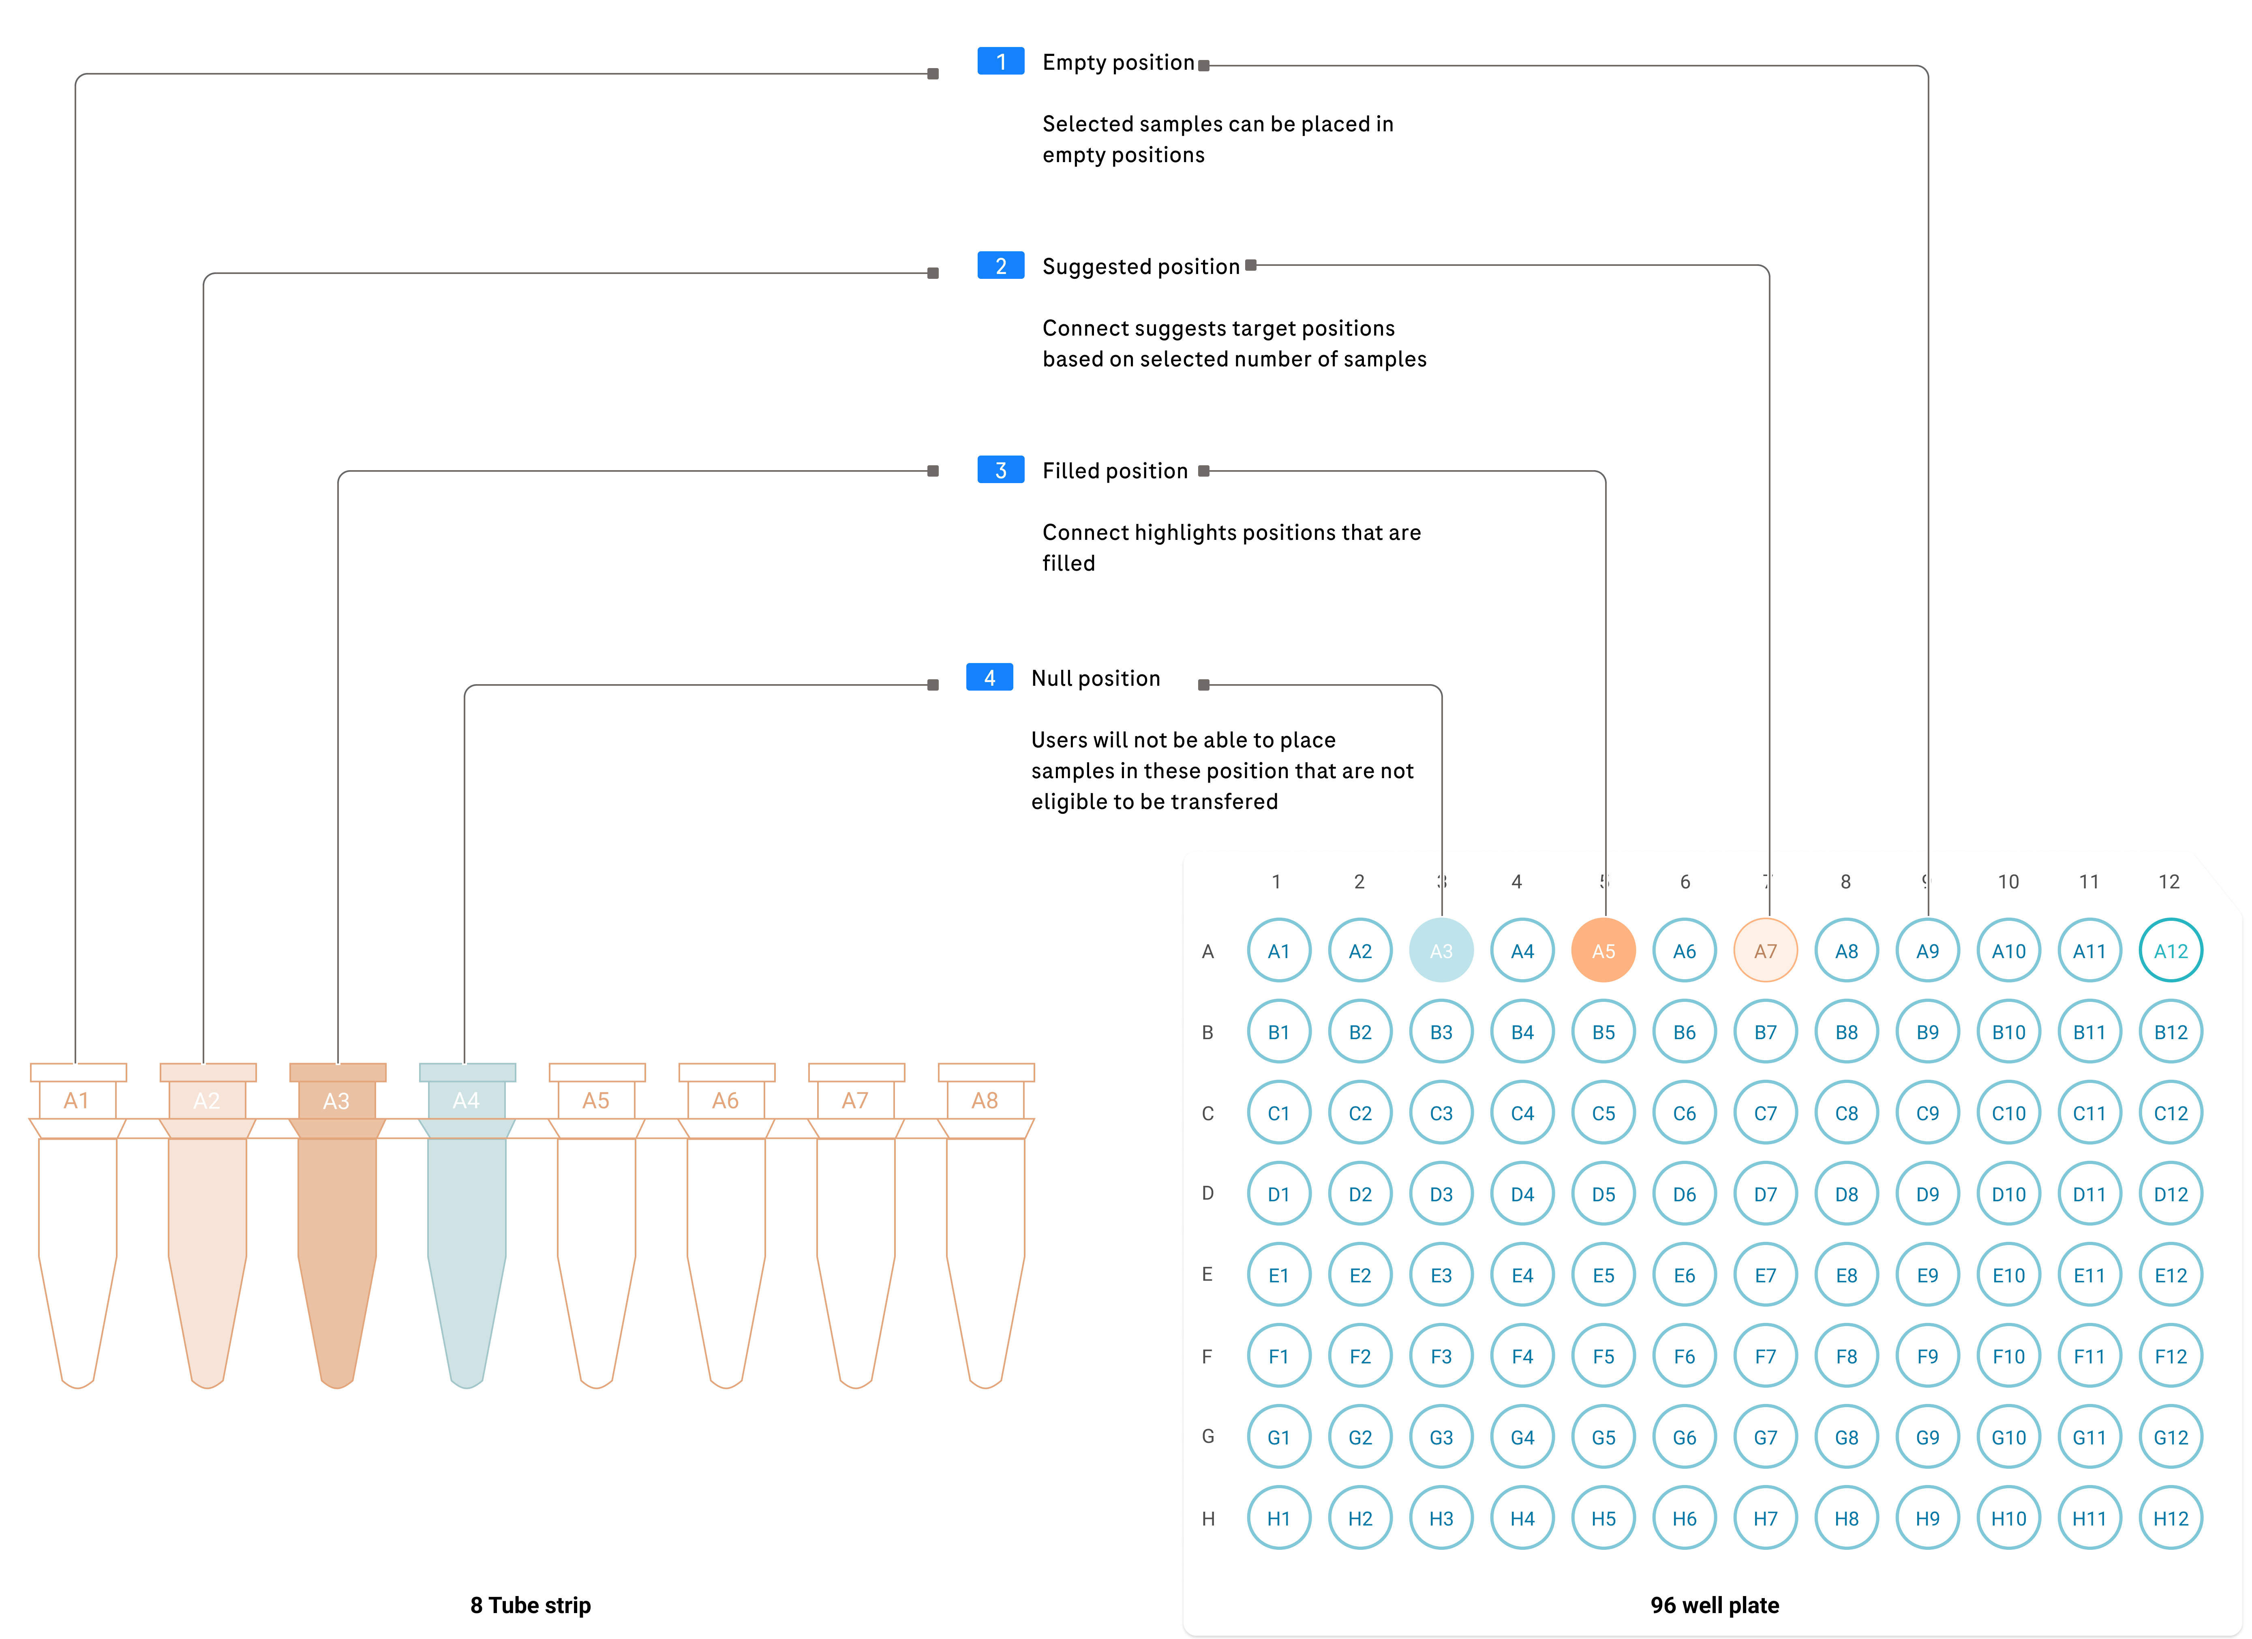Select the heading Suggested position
tap(1140, 267)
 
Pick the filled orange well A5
tap(1603, 951)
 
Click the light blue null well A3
tap(1441, 951)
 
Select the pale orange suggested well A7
tap(1764, 951)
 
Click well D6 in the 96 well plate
tap(1684, 1194)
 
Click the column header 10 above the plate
tap(2008, 882)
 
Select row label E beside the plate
tap(1207, 1275)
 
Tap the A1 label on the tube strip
tap(77, 1101)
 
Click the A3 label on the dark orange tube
tap(336, 1101)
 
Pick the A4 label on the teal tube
tap(466, 1101)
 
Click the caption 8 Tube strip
tap(530, 1605)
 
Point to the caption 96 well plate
tap(1714, 1605)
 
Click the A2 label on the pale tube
tap(207, 1101)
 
